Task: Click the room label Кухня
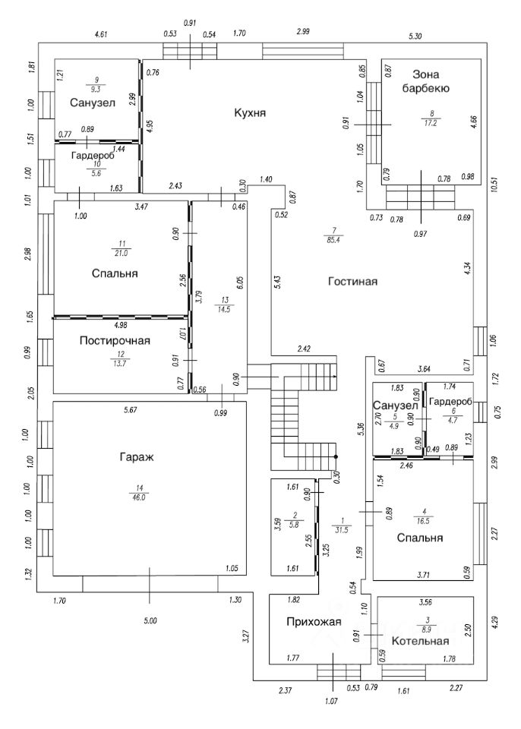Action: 249,113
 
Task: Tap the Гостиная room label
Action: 352,281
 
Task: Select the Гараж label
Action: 137,457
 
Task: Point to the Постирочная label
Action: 115,341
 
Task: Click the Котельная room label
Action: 420,641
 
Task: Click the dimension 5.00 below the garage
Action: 150,621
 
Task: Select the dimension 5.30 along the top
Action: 415,36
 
